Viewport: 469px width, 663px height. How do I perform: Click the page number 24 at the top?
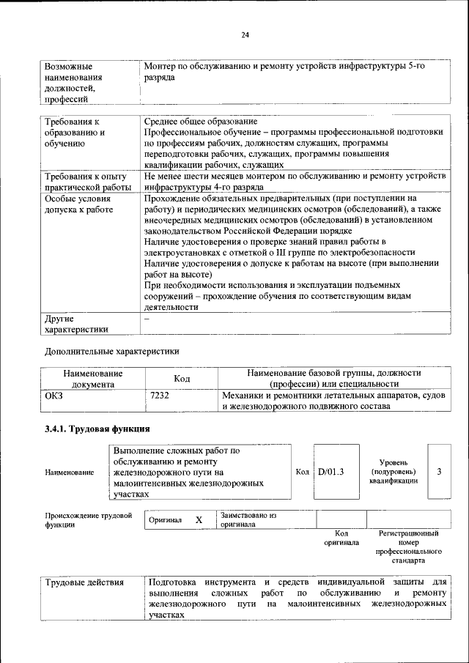click(x=245, y=34)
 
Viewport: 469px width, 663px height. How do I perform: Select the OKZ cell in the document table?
click(x=55, y=396)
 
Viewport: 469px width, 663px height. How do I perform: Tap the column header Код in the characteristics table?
click(x=182, y=378)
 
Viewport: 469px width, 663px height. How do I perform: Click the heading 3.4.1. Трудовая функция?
click(x=98, y=429)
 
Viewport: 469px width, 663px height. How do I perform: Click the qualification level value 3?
click(x=439, y=472)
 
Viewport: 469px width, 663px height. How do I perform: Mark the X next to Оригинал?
click(x=199, y=519)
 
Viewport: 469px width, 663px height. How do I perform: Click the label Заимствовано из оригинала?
click(x=248, y=519)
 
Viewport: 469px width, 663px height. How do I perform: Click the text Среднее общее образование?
click(x=200, y=121)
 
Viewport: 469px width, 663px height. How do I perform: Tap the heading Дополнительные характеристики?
click(x=112, y=351)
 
